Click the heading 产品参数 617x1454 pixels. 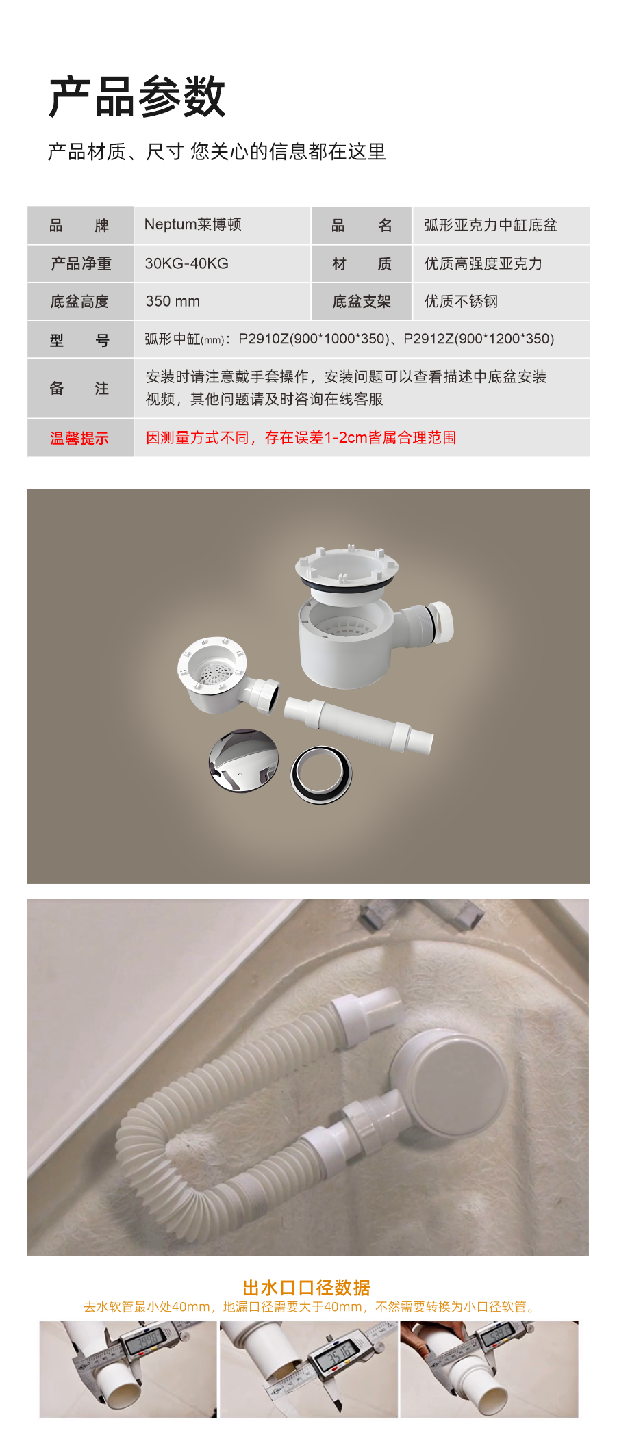pos(137,96)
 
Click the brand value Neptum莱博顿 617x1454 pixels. pos(192,224)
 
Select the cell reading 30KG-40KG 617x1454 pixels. pos(186,263)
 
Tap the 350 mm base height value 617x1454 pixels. pos(173,301)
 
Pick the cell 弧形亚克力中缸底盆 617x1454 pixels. pos(490,225)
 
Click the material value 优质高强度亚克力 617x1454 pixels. pos(483,263)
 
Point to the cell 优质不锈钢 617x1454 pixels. pos(461,301)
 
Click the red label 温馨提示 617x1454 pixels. pos(79,438)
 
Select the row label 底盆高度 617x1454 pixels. pos(79,301)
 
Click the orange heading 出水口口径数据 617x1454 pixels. pos(307,1288)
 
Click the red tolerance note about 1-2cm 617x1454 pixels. pos(301,438)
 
